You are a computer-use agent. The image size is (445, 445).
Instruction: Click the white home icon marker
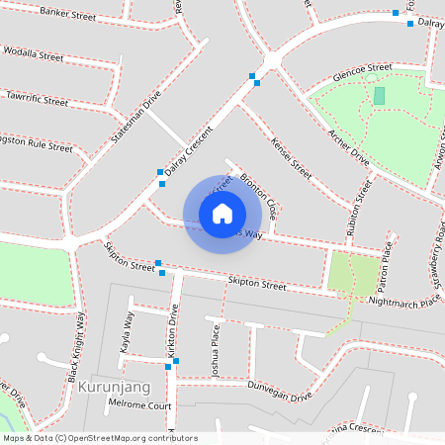[x=222, y=213]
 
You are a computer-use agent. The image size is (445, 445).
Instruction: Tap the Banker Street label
[x=68, y=15]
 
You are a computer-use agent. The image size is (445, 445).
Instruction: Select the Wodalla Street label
[x=34, y=53]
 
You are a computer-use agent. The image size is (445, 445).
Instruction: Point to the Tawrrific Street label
[x=37, y=100]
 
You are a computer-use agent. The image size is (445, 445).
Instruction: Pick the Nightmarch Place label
[x=400, y=301]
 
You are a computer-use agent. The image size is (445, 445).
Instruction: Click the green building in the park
[x=380, y=95]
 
